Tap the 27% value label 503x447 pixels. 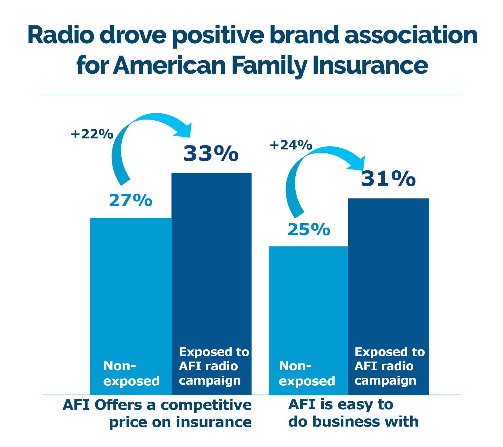[x=131, y=201]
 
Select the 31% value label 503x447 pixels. [x=388, y=179]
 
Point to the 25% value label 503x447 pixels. [x=309, y=229]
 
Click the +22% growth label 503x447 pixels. [x=92, y=134]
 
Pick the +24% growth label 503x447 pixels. [x=291, y=145]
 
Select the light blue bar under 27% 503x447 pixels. [x=131, y=306]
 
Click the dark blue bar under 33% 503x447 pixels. [x=212, y=284]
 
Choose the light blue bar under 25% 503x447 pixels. [x=309, y=320]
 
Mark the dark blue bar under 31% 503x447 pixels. [x=389, y=297]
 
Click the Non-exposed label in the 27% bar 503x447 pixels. [x=132, y=373]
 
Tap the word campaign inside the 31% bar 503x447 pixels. [x=385, y=381]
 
